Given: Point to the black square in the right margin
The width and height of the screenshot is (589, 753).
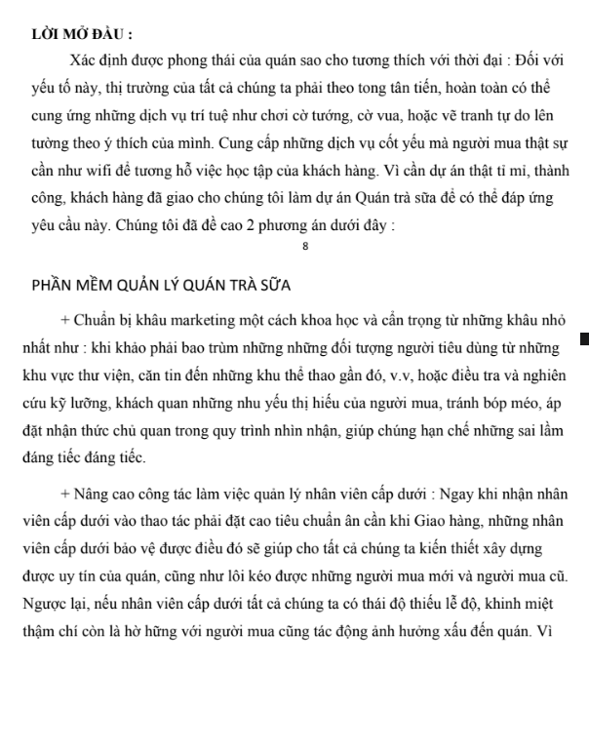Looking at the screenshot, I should [x=584, y=339].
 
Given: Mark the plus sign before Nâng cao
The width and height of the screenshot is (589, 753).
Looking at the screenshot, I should [x=64, y=495].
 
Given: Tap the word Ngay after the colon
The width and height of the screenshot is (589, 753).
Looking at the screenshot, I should [x=451, y=495].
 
